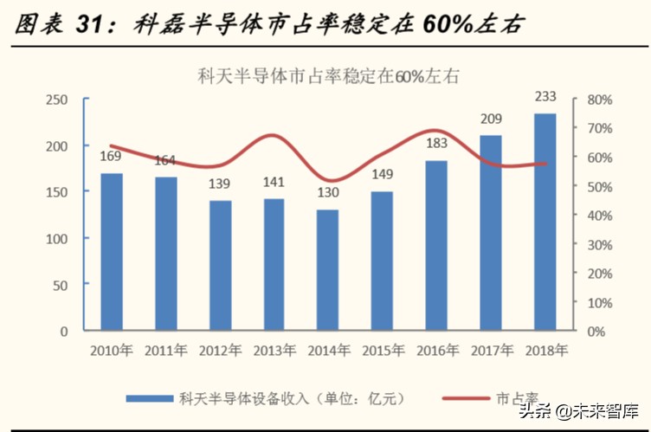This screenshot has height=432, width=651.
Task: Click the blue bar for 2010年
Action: [x=112, y=252]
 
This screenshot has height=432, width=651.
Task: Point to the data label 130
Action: [x=327, y=193]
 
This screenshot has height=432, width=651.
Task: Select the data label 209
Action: [x=491, y=119]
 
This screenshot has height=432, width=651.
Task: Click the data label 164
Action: [x=165, y=160]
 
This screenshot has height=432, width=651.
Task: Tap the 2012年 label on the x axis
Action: [x=220, y=351]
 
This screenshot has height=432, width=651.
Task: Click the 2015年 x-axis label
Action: [x=382, y=351]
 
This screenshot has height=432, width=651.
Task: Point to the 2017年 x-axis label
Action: [x=490, y=351]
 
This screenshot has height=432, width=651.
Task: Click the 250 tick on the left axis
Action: [x=57, y=100]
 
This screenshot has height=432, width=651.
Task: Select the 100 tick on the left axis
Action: [x=57, y=238]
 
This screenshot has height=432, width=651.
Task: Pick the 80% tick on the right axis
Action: [x=599, y=100]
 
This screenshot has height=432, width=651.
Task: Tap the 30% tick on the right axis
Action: [x=599, y=244]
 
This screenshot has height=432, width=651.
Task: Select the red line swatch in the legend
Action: [x=467, y=398]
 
